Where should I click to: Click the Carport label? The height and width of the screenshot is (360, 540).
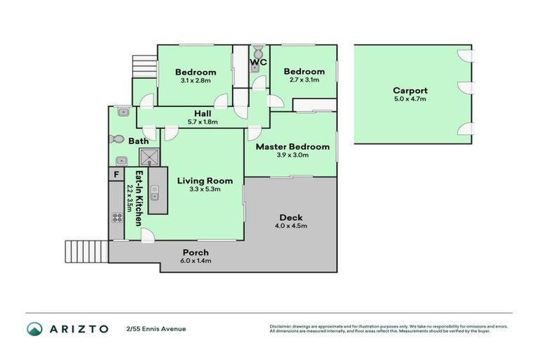(x=410, y=91)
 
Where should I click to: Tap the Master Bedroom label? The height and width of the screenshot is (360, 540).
(x=292, y=147)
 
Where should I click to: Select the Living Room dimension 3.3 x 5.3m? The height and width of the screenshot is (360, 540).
(x=205, y=190)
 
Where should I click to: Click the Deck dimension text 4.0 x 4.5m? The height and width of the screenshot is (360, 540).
(x=292, y=226)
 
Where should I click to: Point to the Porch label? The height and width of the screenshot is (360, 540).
(x=195, y=252)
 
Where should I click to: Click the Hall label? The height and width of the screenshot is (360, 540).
(x=203, y=113)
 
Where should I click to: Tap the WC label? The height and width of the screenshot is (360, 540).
(x=258, y=63)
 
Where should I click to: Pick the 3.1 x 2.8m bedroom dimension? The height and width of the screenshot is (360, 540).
(x=195, y=81)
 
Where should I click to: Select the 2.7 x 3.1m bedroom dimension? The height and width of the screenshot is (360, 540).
(x=304, y=80)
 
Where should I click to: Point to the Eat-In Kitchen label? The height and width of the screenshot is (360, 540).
(x=139, y=198)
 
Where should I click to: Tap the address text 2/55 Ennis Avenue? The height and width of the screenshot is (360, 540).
(x=156, y=328)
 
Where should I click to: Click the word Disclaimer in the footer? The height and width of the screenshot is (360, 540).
(x=281, y=326)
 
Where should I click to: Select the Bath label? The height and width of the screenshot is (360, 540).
(x=138, y=141)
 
